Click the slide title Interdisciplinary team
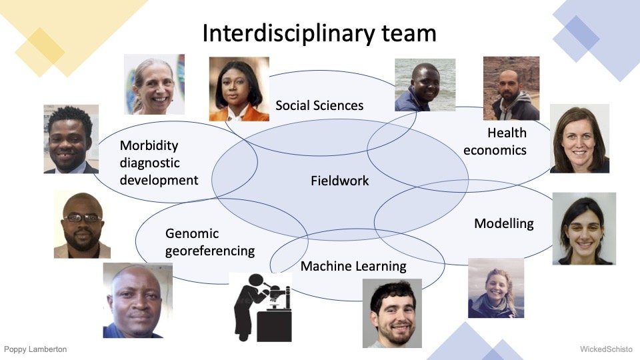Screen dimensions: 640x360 point(319,33)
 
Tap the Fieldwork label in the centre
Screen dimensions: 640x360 point(339,181)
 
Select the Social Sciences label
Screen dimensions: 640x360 point(319,105)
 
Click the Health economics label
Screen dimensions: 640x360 point(495,141)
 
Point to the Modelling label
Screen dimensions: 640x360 point(504,223)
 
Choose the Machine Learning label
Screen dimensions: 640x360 point(353,266)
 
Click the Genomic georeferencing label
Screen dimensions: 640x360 point(210,242)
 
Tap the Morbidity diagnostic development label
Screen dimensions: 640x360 point(159,163)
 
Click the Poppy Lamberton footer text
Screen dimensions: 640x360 point(35,349)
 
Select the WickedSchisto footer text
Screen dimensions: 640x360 point(606,349)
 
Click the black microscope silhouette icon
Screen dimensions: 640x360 point(261,307)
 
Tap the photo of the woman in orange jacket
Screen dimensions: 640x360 point(239,89)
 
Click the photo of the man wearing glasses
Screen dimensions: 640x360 point(82,225)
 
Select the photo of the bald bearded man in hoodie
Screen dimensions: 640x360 point(511,88)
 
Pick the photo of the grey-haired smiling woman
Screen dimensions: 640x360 point(154,84)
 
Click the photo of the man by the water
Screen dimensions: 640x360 point(425,85)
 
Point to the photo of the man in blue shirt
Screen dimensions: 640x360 point(137,301)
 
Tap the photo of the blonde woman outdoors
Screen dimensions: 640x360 point(496,288)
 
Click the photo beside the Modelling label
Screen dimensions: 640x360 point(584,229)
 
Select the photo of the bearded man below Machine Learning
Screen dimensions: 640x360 point(392,313)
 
